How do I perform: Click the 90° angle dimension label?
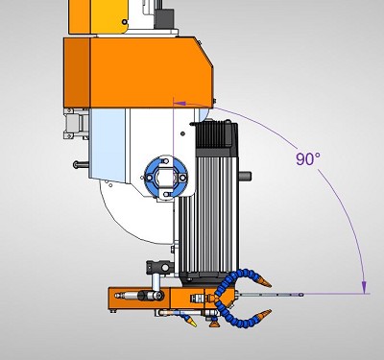(307, 159)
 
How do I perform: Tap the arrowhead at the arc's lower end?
(364, 287)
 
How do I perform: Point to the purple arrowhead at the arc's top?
(180, 104)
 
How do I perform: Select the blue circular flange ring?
(165, 177)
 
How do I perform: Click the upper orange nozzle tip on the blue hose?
(264, 282)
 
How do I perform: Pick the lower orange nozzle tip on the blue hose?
(264, 314)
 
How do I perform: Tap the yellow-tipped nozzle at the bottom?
(192, 323)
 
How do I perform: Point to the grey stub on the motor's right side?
(245, 176)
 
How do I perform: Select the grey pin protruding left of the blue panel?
(81, 164)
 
